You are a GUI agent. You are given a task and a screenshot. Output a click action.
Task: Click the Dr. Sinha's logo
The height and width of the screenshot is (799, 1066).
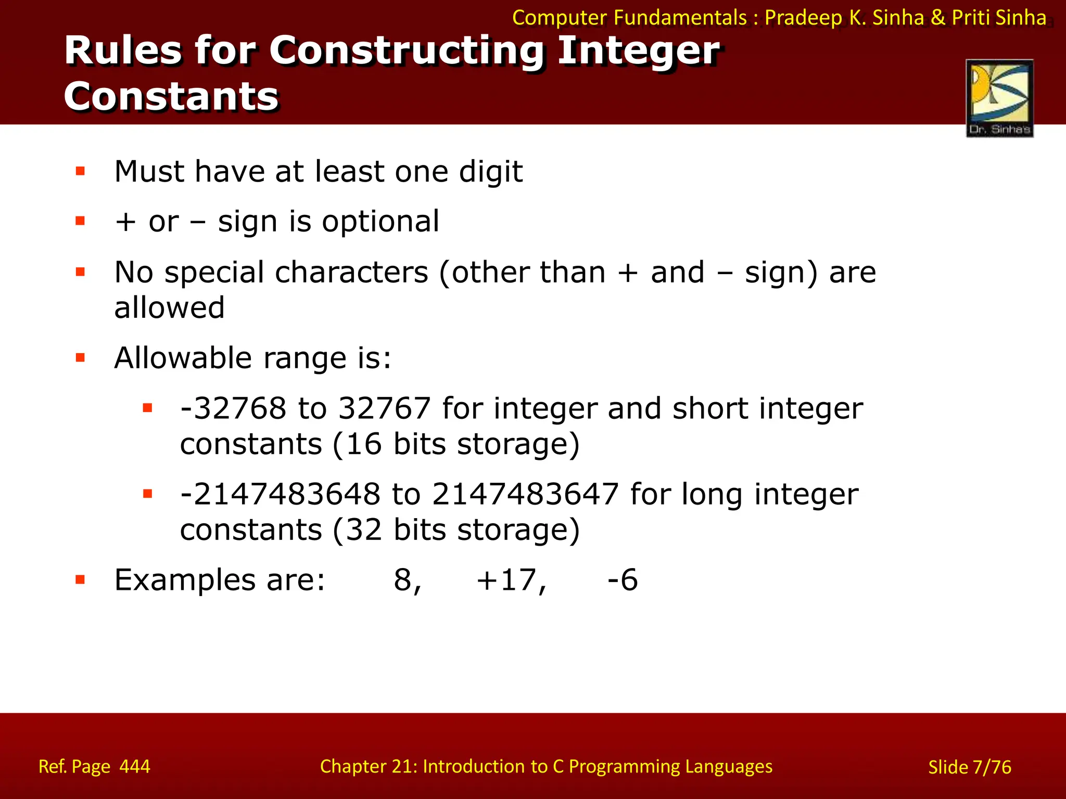pyautogui.click(x=999, y=98)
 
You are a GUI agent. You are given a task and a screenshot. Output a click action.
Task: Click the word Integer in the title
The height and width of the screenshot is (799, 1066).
pyautogui.click(x=638, y=51)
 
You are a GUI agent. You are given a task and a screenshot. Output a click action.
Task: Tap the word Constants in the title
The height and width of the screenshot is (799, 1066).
pyautogui.click(x=171, y=97)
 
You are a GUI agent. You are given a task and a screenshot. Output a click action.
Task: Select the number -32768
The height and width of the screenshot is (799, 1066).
pyautogui.click(x=233, y=408)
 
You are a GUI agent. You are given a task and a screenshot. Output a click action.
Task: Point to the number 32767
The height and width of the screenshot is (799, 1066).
pyautogui.click(x=385, y=408)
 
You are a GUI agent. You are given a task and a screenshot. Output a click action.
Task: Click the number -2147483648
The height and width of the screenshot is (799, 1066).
pyautogui.click(x=280, y=494)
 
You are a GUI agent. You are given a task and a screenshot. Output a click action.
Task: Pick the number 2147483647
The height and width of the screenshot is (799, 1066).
pyautogui.click(x=525, y=494)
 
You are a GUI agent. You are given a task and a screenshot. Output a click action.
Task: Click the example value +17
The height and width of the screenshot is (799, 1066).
pyautogui.click(x=511, y=580)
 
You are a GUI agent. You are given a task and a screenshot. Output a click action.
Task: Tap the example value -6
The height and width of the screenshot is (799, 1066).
pyautogui.click(x=623, y=580)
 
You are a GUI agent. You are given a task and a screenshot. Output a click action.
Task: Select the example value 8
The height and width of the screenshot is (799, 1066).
pyautogui.click(x=404, y=580)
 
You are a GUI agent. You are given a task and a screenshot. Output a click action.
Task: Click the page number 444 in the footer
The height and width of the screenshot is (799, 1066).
pyautogui.click(x=135, y=766)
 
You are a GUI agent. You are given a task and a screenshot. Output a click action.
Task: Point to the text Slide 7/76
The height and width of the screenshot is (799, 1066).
pyautogui.click(x=970, y=767)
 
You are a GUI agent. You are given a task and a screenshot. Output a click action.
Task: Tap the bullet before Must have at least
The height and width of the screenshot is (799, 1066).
pyautogui.click(x=80, y=171)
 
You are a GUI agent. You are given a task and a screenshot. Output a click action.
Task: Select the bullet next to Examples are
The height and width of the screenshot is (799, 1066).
pyautogui.click(x=80, y=579)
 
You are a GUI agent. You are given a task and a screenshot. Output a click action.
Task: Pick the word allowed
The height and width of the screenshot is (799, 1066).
pyautogui.click(x=169, y=307)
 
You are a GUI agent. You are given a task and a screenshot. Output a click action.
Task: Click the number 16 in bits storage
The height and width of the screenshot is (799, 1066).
pyautogui.click(x=364, y=444)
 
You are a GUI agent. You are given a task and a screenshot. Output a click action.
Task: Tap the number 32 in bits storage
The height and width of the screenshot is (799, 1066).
pyautogui.click(x=364, y=530)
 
